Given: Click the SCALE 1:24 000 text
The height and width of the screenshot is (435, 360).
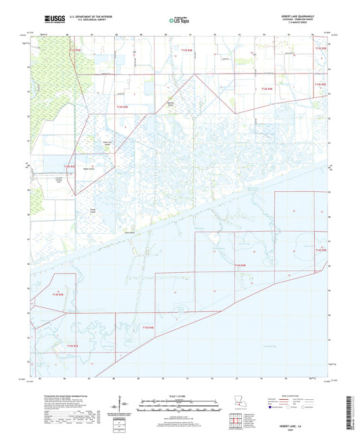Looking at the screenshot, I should point(179,396).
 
